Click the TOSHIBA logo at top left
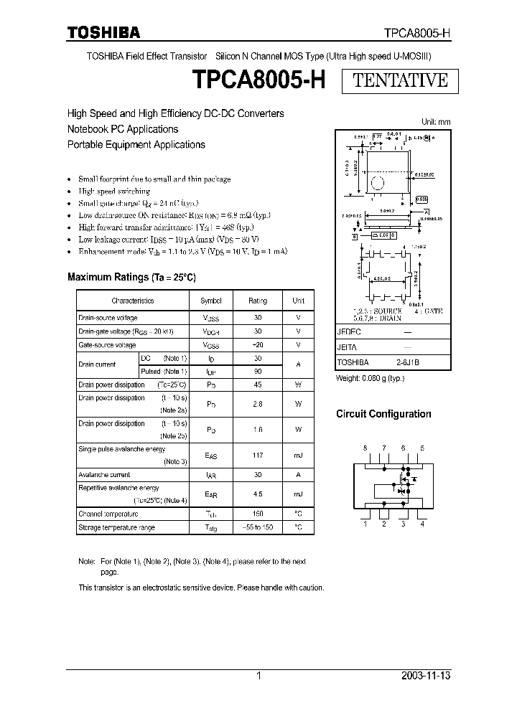[x=103, y=32]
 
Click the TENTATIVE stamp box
[x=401, y=80]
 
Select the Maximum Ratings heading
[x=131, y=277]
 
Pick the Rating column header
[x=257, y=301]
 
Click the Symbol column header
[x=210, y=301]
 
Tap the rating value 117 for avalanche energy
[x=257, y=455]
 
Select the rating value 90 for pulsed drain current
[x=257, y=371]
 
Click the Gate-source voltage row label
[x=106, y=345]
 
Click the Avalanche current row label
[x=103, y=475]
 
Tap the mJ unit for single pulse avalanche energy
[x=297, y=455]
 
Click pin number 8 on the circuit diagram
[x=365, y=448]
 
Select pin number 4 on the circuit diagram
[x=422, y=524]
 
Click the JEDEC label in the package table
[x=349, y=333]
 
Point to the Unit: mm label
[x=435, y=122]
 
